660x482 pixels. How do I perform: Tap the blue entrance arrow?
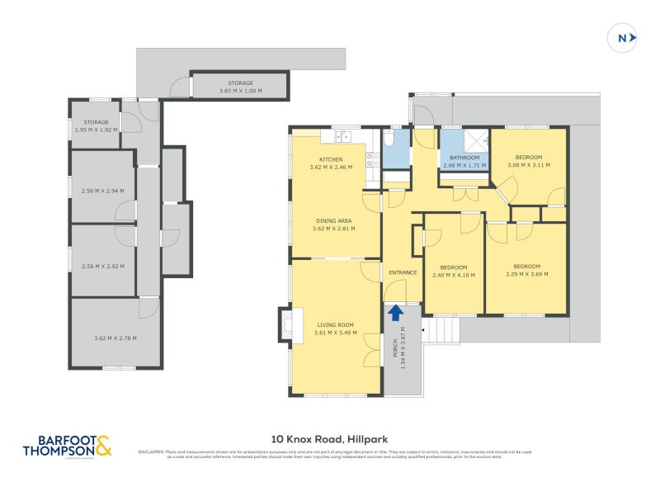point(395,312)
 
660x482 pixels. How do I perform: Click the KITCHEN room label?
point(331,159)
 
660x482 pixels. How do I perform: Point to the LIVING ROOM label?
point(333,325)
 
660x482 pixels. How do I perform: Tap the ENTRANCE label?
point(403,272)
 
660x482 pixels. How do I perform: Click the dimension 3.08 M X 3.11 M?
point(529,165)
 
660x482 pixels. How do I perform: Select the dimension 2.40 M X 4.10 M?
point(454,275)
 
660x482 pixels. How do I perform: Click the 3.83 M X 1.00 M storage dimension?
point(241,91)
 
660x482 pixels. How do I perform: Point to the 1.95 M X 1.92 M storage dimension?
point(95,130)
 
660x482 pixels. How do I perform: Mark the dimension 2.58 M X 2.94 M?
point(103,191)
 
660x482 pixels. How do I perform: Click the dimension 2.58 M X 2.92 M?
point(103,267)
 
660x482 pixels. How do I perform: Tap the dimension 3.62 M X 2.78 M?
point(115,338)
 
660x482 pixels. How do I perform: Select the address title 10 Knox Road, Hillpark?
point(329,440)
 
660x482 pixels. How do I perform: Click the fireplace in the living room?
point(285,324)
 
